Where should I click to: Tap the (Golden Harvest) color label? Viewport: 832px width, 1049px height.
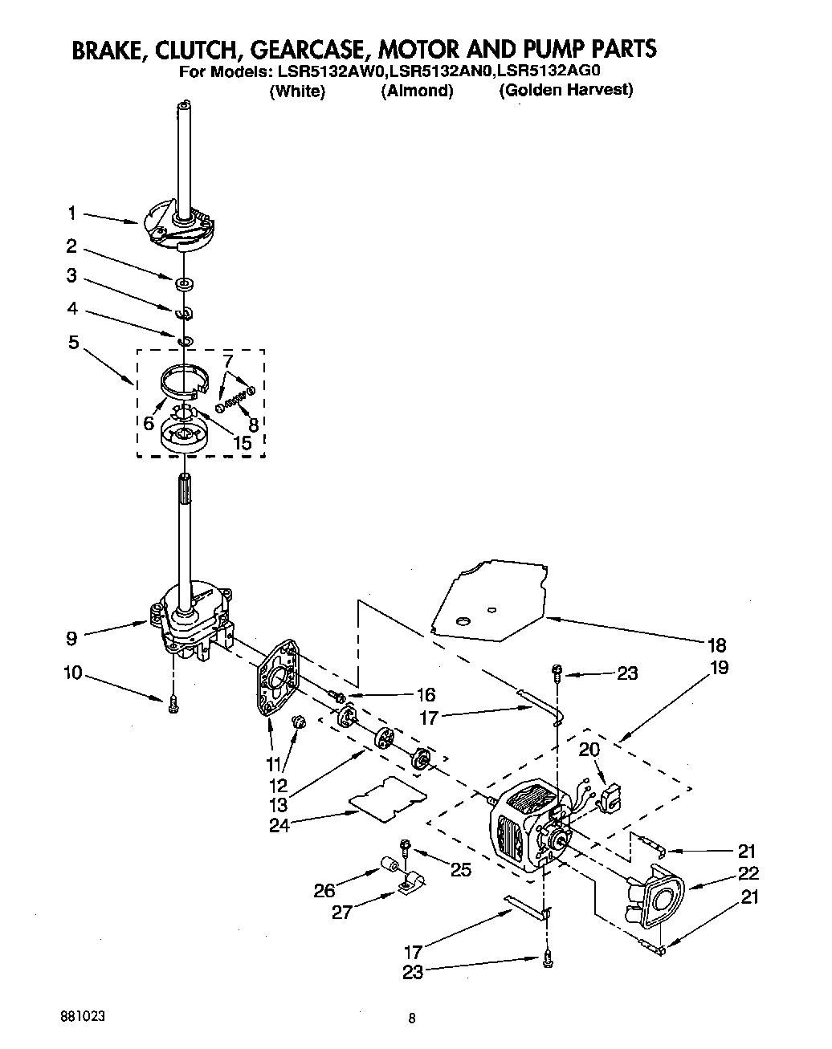(565, 90)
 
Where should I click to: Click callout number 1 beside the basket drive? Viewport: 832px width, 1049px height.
(71, 213)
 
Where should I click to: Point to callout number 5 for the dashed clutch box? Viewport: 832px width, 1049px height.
(73, 343)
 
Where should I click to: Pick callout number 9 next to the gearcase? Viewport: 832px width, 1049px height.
(71, 640)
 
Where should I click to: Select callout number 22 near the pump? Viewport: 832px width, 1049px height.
(748, 874)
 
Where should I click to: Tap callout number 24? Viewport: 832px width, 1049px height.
(279, 824)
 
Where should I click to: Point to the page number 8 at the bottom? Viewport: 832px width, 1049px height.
(411, 1020)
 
